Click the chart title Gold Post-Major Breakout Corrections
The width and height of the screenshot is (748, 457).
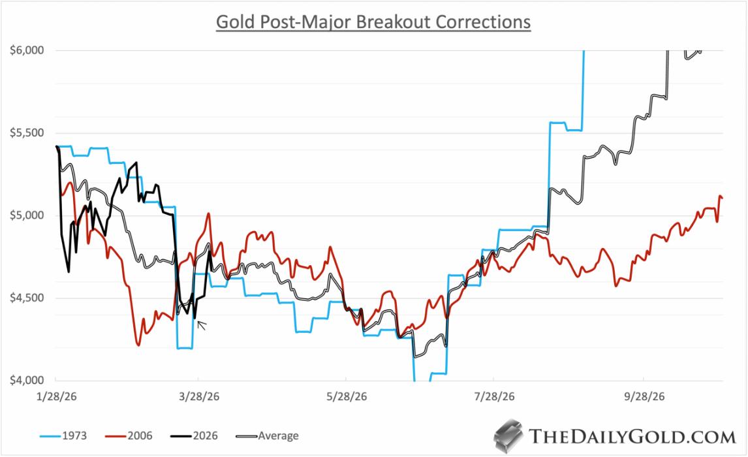tap(373, 22)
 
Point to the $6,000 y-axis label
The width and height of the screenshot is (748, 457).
tap(24, 51)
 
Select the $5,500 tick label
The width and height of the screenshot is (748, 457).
tap(24, 133)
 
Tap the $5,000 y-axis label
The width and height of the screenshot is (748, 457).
tap(24, 215)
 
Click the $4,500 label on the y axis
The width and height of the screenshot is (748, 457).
tap(24, 298)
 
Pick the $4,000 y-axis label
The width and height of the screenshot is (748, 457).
tap(24, 381)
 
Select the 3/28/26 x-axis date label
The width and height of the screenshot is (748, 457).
tap(198, 396)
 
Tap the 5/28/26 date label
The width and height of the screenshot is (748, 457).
tap(345, 396)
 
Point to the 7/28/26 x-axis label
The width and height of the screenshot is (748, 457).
tap(494, 396)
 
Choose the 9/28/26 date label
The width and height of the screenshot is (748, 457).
tap(644, 396)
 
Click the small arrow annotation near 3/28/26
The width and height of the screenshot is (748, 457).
tap(202, 324)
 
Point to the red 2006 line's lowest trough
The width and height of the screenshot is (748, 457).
tap(138, 345)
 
